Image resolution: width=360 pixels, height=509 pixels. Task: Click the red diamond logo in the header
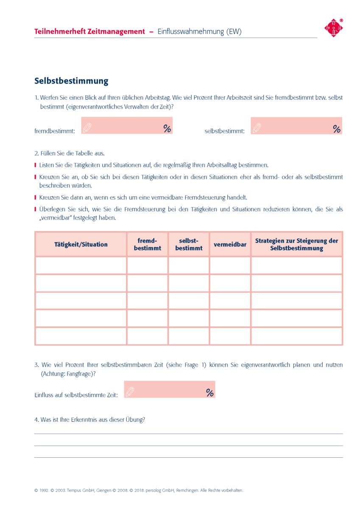tap(334, 28)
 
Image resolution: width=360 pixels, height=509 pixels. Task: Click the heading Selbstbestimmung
tap(71, 81)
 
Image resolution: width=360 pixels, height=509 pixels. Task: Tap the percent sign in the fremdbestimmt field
tap(167, 129)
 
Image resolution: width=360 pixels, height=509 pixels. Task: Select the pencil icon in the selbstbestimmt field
tap(257, 128)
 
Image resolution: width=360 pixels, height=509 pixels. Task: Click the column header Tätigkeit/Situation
tap(81, 244)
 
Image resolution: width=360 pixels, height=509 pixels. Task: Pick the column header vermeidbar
tap(230, 244)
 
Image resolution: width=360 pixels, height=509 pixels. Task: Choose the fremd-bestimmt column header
tap(147, 244)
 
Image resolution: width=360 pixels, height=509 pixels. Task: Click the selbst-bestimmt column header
tap(189, 244)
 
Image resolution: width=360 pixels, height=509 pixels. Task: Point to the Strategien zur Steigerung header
tap(296, 244)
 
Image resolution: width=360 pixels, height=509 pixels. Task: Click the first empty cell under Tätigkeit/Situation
tap(81, 266)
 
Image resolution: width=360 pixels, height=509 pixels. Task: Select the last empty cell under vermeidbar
tap(230, 336)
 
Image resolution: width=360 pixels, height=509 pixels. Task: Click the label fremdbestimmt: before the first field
tap(55, 131)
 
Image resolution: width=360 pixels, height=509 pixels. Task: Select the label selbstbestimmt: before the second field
tap(224, 131)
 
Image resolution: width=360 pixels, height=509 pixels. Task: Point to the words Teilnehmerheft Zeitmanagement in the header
tap(89, 32)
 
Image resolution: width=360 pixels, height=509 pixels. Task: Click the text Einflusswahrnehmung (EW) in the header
tap(199, 32)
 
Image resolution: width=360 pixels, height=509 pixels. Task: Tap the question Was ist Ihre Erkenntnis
tap(90, 420)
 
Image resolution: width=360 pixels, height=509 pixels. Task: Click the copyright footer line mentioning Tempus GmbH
tap(139, 490)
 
